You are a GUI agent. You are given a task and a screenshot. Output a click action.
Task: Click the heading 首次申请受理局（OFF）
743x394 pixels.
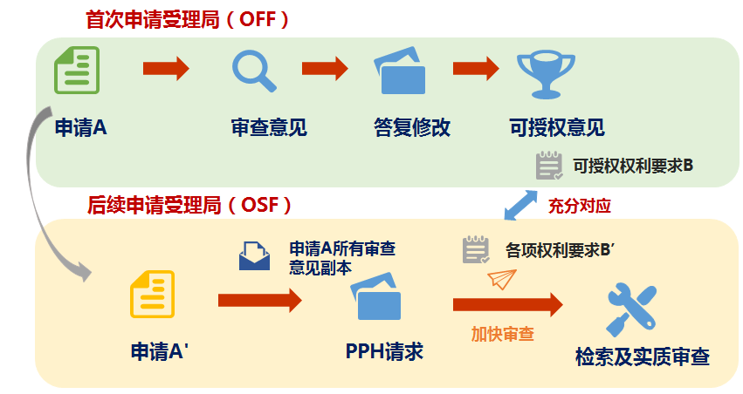click(x=187, y=19)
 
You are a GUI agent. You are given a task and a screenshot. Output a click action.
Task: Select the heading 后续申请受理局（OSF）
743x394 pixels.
click(x=189, y=206)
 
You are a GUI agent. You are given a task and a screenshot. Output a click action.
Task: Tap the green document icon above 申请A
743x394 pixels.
click(x=77, y=70)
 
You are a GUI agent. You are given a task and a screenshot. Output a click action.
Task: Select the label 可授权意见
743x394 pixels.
click(x=556, y=127)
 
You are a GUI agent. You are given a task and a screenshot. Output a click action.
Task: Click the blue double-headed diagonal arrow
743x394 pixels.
click(x=522, y=206)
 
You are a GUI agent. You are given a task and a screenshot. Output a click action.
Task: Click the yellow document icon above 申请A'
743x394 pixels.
click(x=153, y=295)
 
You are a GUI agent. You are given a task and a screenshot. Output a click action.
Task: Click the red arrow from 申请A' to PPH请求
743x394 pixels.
click(x=258, y=301)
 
